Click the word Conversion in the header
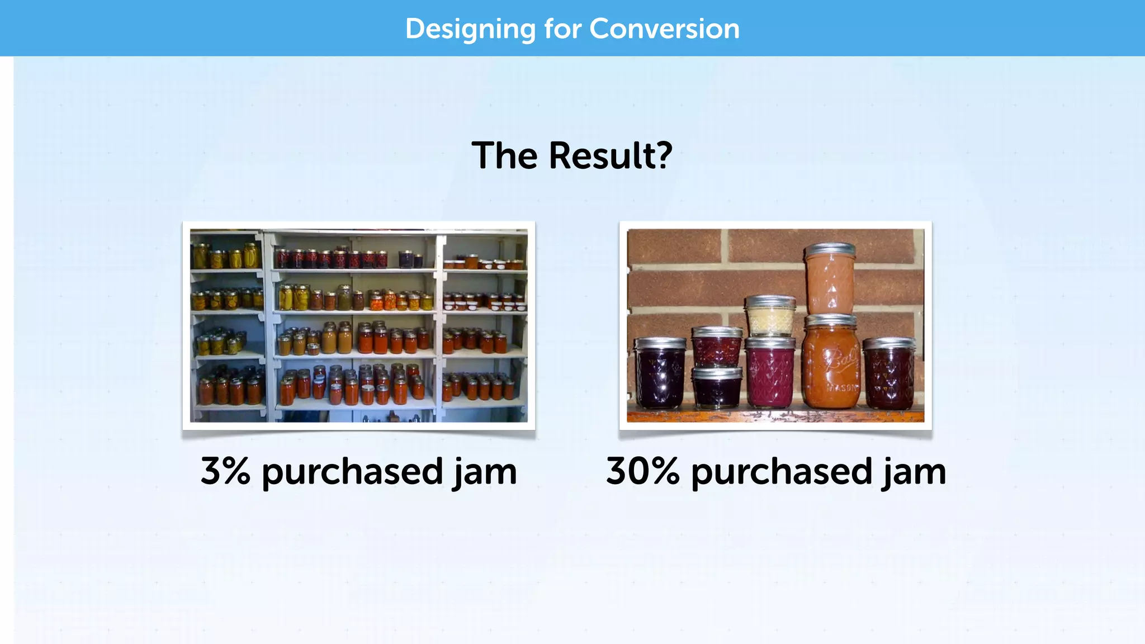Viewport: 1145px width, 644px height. pos(664,29)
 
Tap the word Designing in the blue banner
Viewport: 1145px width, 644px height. pos(470,29)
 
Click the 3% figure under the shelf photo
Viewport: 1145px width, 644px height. pos(225,471)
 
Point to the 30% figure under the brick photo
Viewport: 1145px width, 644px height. pos(642,471)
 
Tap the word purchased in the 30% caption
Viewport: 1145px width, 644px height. pos(782,472)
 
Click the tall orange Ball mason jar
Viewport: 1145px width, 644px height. pos(832,363)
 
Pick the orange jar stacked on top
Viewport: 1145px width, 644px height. pos(830,282)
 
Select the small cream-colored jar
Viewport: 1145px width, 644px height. pos(770,318)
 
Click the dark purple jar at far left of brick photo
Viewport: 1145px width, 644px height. pos(660,375)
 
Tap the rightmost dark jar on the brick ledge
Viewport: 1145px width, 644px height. pos(889,375)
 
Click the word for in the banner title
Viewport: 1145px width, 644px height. pos(563,29)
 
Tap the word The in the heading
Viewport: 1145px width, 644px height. pos(505,155)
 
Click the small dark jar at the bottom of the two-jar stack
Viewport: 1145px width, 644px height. pos(717,387)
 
